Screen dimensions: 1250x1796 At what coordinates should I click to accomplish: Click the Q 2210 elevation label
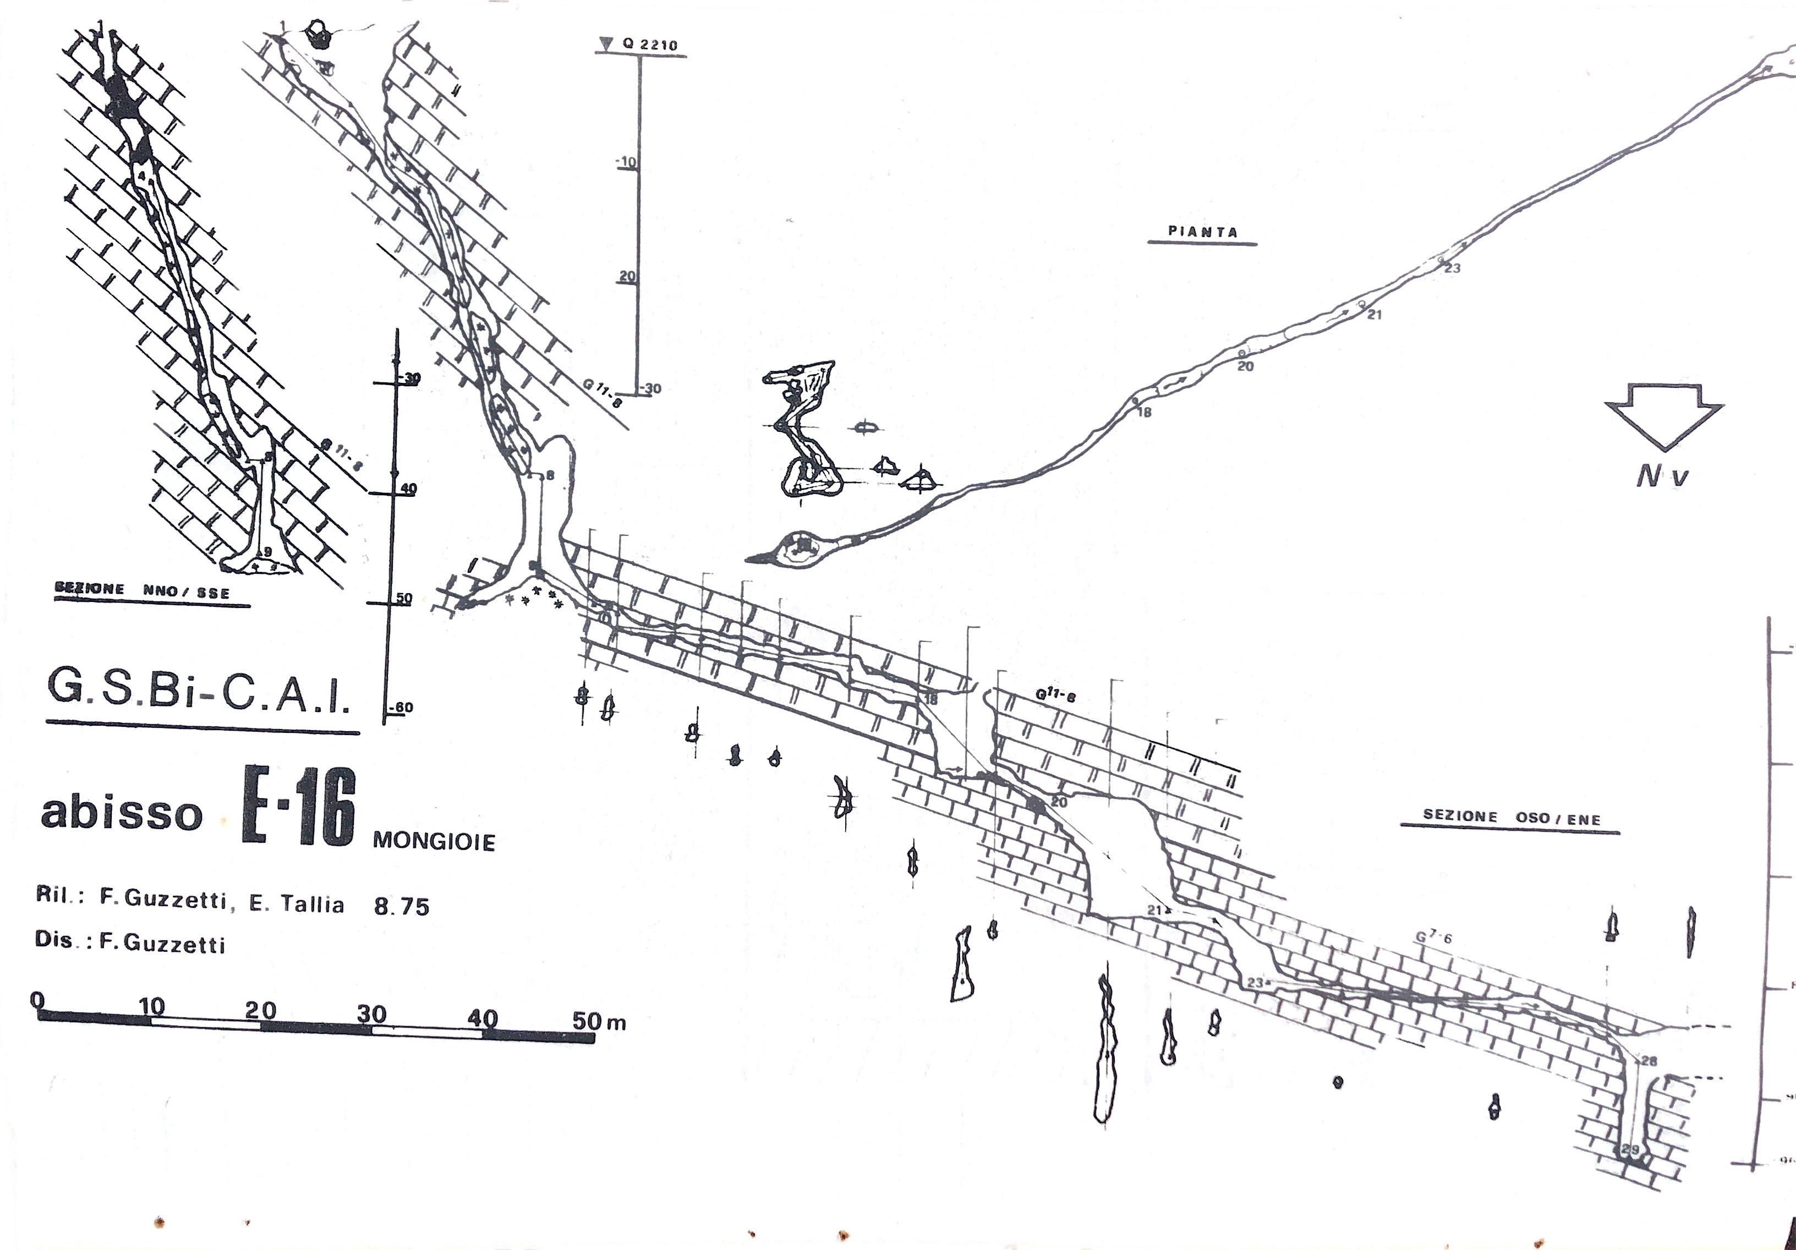coord(649,45)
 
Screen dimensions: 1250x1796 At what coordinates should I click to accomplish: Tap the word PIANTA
coord(1202,232)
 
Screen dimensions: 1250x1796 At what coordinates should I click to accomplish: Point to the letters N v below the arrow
coord(1662,475)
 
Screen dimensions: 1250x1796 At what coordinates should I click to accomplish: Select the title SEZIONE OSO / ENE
coord(1510,818)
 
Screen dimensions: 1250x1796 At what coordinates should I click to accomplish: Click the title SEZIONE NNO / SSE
coord(143,590)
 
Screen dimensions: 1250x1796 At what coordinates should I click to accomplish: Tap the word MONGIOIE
coord(434,842)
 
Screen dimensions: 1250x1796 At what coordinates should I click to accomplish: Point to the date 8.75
coord(401,907)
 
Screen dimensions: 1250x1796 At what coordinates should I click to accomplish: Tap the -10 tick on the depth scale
coord(626,163)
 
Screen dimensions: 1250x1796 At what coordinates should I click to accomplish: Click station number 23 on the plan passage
coord(1453,268)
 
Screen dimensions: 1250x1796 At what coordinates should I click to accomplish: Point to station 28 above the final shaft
coord(1649,1061)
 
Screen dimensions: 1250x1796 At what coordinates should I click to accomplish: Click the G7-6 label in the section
coord(1433,935)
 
